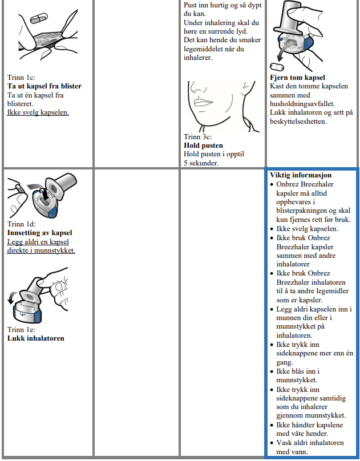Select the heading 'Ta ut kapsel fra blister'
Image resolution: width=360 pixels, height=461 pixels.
(x=44, y=86)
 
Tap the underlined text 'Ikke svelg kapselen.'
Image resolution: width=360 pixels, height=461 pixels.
(x=38, y=112)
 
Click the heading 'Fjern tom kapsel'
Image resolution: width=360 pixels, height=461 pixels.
(x=297, y=78)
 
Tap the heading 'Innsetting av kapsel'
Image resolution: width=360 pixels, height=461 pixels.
(x=39, y=233)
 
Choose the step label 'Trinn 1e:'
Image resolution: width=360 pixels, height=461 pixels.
(x=22, y=330)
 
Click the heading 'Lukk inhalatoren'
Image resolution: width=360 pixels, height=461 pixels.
(x=35, y=338)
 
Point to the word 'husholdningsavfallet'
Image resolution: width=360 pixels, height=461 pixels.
(x=302, y=104)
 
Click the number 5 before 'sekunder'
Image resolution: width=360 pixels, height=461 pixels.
(x=185, y=163)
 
